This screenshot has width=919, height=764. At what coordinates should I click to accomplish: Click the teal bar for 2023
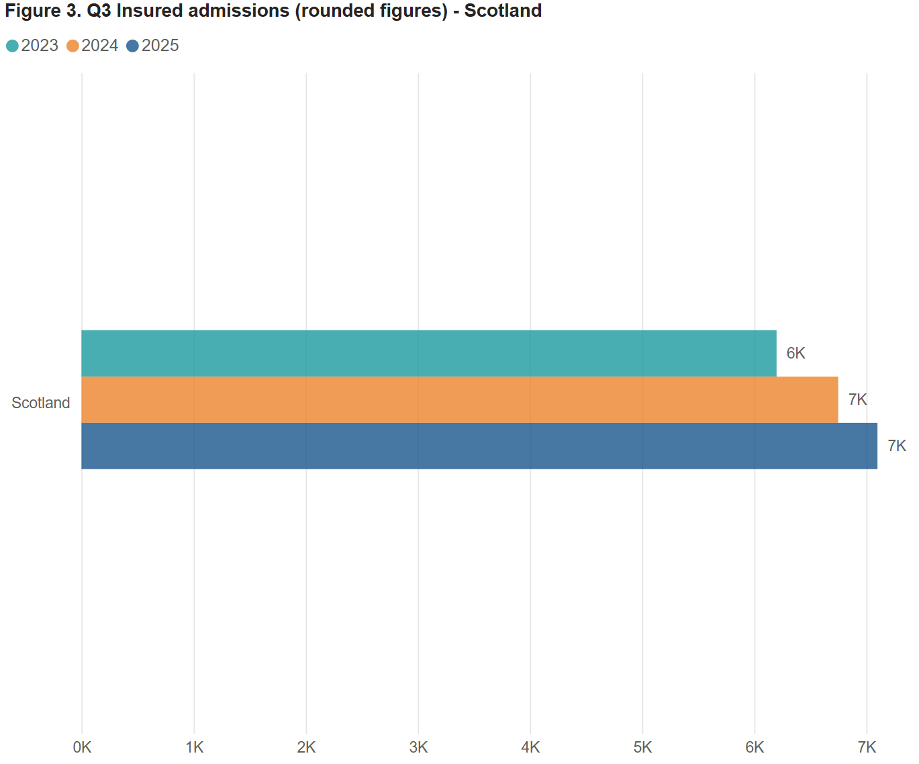[x=428, y=353]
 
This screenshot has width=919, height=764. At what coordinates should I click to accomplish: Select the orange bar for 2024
[x=459, y=399]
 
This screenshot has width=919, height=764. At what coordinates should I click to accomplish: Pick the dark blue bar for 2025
[x=479, y=446]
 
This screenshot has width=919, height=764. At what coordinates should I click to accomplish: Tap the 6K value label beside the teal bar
[x=795, y=353]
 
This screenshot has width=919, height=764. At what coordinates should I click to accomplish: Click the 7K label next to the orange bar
[x=857, y=399]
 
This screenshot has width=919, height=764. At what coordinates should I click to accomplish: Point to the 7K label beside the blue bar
[x=897, y=446]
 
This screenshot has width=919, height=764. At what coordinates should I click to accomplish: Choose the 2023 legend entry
[x=33, y=46]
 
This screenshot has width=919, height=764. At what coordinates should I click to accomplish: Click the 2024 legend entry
[x=93, y=46]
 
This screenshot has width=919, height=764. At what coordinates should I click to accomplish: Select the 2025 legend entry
[x=153, y=46]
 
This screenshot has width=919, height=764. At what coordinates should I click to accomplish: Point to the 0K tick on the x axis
[x=82, y=747]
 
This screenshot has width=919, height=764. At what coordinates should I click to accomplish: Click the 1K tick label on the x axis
[x=194, y=747]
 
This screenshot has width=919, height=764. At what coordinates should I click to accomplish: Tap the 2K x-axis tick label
[x=306, y=747]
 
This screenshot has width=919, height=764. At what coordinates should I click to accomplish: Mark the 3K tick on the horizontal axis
[x=418, y=747]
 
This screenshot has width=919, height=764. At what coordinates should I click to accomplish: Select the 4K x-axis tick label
[x=530, y=747]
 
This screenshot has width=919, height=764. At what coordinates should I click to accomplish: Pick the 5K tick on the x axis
[x=642, y=747]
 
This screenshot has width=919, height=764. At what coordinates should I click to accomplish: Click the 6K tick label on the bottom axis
[x=755, y=747]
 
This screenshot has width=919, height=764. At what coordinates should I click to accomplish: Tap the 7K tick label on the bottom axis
[x=867, y=747]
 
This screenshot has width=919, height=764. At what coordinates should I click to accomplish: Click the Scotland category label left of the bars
[x=41, y=403]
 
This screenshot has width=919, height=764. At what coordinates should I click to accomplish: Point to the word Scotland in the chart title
[x=503, y=11]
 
